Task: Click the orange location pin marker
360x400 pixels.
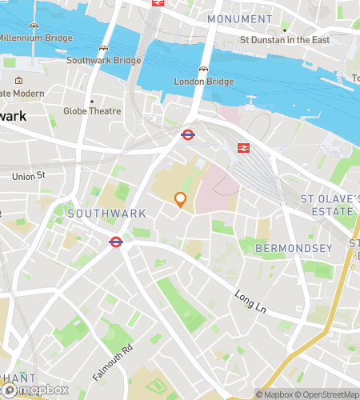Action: tap(181, 200)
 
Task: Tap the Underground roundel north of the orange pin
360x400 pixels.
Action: tap(188, 135)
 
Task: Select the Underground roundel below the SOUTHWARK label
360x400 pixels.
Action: tap(115, 242)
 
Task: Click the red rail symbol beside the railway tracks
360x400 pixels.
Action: tap(242, 147)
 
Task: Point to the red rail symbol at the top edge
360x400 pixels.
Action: tap(158, 2)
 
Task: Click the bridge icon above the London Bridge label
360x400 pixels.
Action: tap(205, 70)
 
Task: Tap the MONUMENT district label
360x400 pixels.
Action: tap(238, 18)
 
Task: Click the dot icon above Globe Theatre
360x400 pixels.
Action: tap(91, 102)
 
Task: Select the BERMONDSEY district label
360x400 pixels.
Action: tap(293, 249)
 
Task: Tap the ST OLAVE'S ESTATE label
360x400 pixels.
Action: tap(326, 205)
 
